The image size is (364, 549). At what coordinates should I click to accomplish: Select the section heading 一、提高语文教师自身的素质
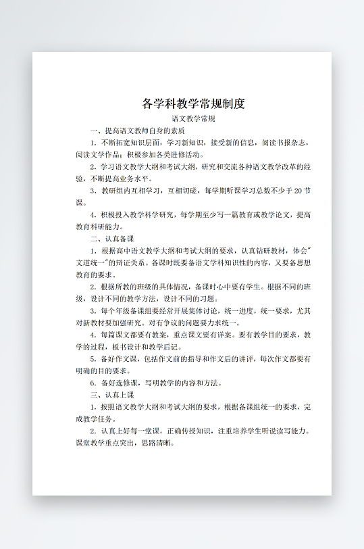[x=138, y=130]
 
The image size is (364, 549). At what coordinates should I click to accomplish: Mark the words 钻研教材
[x=265, y=251]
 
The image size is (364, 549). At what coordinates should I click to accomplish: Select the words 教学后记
[x=159, y=347]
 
